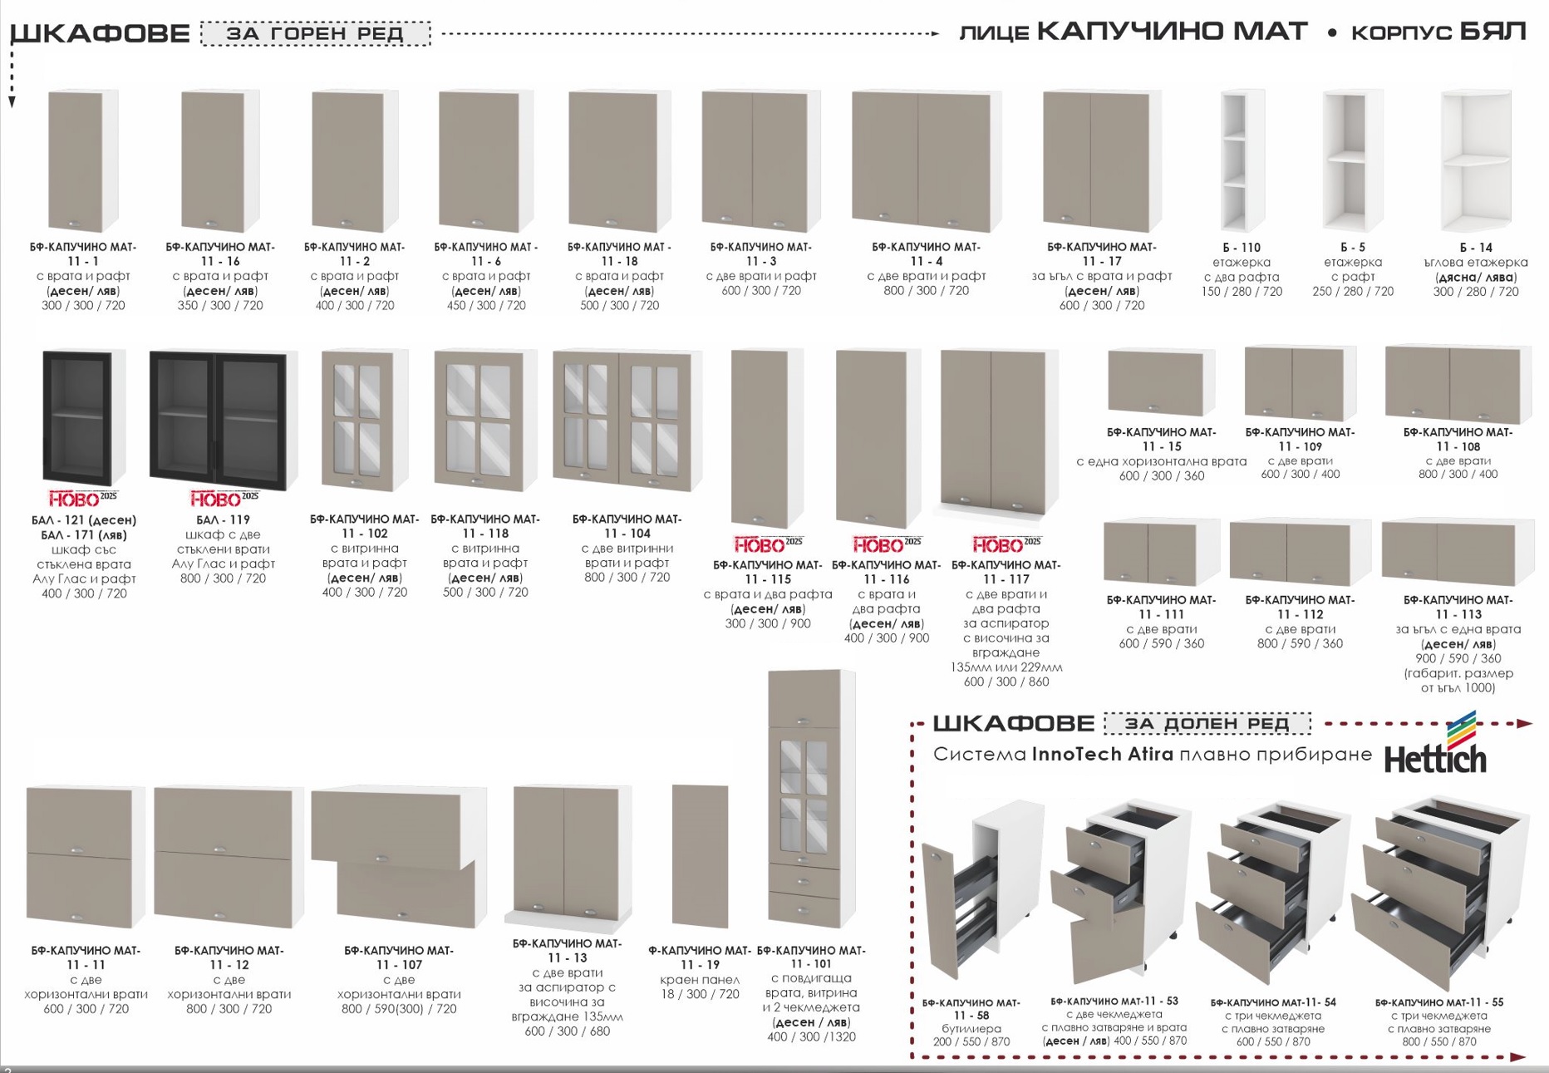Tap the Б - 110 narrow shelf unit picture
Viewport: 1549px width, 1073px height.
point(1242,160)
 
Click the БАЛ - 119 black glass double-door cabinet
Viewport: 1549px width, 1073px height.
point(223,420)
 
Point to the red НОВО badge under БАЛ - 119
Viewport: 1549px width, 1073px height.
point(224,499)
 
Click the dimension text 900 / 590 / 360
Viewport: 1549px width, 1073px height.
point(1458,658)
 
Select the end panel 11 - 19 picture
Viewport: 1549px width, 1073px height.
point(700,856)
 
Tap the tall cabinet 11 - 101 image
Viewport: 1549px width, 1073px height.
point(811,799)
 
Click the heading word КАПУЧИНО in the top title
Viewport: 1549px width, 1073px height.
point(1172,32)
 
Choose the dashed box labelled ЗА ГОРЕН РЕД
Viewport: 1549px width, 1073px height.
point(316,34)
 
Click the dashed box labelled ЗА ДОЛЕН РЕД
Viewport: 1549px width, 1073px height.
point(1207,724)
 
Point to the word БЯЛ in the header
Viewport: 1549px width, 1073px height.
point(1493,32)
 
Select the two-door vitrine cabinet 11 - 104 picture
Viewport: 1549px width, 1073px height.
point(627,420)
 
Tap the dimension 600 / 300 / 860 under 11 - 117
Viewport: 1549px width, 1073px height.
point(1006,682)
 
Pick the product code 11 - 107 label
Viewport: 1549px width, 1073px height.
point(399,965)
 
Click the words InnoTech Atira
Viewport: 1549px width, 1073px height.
point(1103,755)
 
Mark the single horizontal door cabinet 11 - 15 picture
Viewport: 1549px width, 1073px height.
point(1161,382)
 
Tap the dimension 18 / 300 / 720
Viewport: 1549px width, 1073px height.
point(701,995)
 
